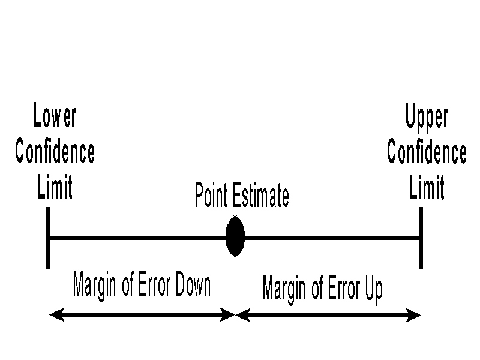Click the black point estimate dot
(x=235, y=238)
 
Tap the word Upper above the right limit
(x=427, y=116)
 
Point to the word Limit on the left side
(x=55, y=187)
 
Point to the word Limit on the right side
(x=427, y=187)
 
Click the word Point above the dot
(x=211, y=196)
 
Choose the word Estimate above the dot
(x=260, y=196)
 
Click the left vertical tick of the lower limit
(x=48, y=238)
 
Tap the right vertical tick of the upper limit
(x=421, y=238)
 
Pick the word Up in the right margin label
(x=372, y=289)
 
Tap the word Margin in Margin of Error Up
(x=284, y=289)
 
